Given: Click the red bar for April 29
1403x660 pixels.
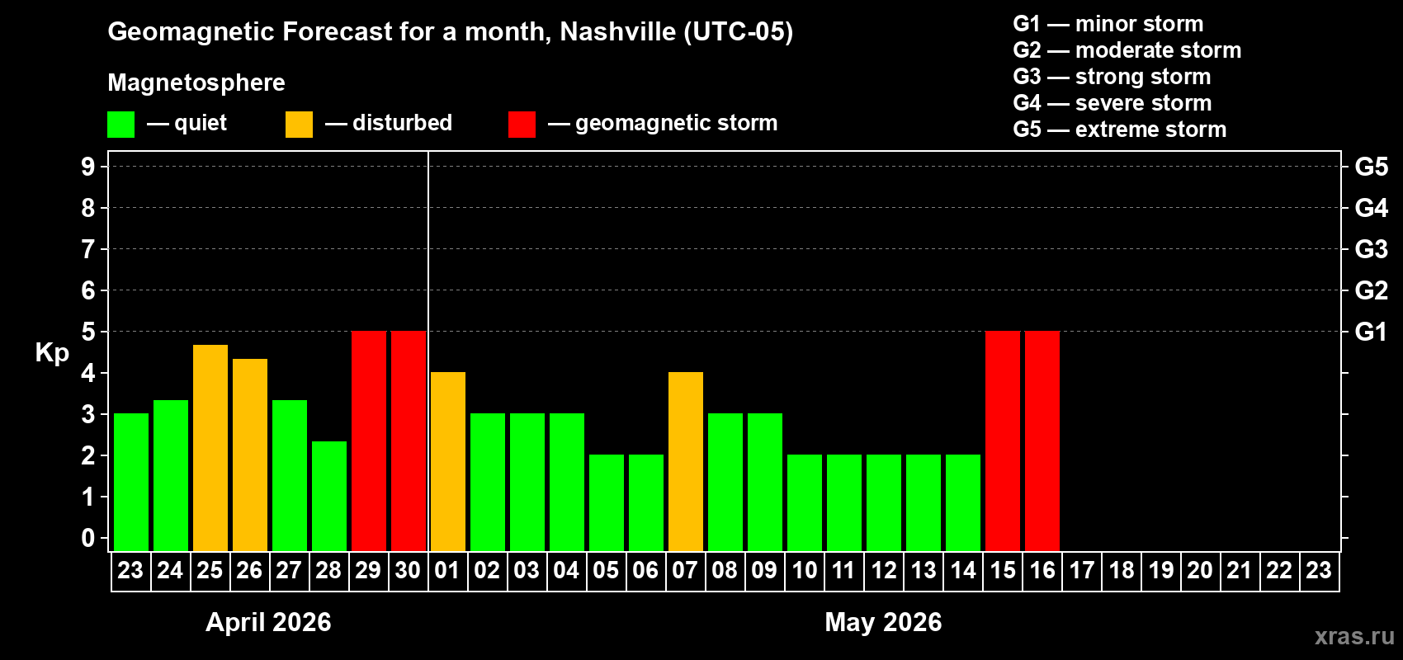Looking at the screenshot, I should tap(369, 441).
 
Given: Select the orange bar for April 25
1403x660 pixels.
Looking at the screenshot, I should tap(210, 448).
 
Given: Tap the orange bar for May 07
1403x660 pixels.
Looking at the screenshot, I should tap(686, 461).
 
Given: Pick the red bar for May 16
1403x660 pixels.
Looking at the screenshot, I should tap(1042, 441).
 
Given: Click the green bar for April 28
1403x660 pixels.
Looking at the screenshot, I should tap(329, 496).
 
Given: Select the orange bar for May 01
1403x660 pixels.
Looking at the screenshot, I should tap(448, 461).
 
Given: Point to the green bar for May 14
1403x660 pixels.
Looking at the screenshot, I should tap(963, 502).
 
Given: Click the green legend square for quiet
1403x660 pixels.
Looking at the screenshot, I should tap(121, 125).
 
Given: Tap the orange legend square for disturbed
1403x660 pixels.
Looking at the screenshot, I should tap(299, 125).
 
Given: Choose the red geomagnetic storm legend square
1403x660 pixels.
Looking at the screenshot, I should tap(522, 125).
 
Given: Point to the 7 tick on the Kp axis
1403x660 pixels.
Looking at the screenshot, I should tap(88, 249).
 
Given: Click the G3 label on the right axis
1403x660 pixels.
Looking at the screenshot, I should tap(1371, 249).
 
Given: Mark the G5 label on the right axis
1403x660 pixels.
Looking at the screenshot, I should tap(1371, 167).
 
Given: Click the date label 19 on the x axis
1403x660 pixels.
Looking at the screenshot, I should tap(1161, 570).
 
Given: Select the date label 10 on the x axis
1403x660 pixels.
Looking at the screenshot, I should tap(805, 570).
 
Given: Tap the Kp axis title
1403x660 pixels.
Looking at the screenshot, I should tap(52, 353).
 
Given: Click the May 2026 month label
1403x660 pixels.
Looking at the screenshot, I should tap(883, 622).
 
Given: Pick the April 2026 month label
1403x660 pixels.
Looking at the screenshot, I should tap(268, 622).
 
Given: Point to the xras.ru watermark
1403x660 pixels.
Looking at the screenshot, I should tap(1353, 636).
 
